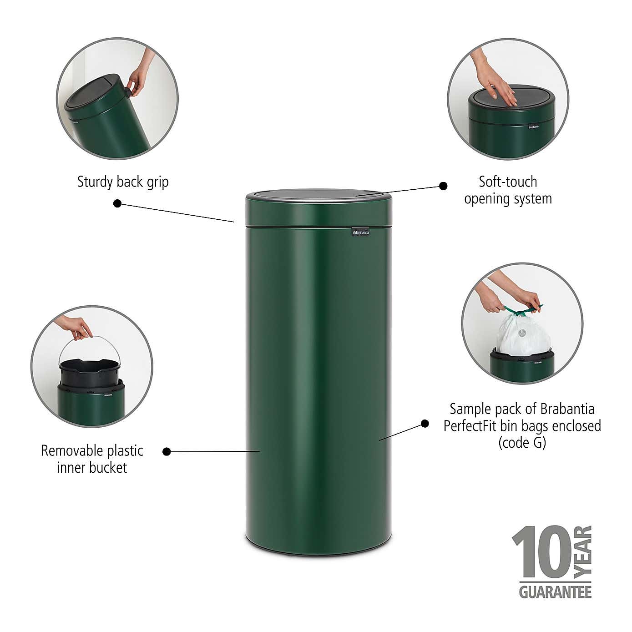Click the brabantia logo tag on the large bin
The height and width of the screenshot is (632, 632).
pyautogui.click(x=360, y=233)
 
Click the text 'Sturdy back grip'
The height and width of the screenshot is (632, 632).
pyautogui.click(x=123, y=182)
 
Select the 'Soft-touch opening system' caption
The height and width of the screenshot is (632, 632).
pyautogui.click(x=508, y=190)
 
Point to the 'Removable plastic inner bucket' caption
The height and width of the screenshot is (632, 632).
pyautogui.click(x=92, y=459)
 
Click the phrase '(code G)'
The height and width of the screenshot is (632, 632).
pyautogui.click(x=522, y=443)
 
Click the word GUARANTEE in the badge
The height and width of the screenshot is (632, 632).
pyautogui.click(x=555, y=592)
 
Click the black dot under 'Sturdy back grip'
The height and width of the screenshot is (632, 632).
pyautogui.click(x=117, y=203)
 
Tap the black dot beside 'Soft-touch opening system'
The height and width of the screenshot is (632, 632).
pyautogui.click(x=443, y=186)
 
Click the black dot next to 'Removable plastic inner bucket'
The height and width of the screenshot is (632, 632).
pyautogui.click(x=167, y=451)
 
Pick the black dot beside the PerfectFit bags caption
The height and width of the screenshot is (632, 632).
pyautogui.click(x=425, y=424)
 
